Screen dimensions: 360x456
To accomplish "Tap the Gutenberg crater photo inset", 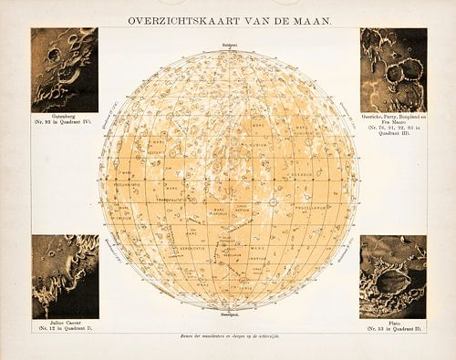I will point(64,69).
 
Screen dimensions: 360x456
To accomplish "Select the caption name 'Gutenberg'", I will point(64,118).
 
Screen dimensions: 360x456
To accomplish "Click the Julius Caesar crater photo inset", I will point(64,276).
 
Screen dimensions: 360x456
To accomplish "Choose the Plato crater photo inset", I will point(392,276).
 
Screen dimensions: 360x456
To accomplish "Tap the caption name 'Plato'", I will point(392,324).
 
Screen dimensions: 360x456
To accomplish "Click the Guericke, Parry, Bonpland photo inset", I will point(392,69).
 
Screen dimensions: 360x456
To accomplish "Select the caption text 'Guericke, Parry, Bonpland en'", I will point(392,118).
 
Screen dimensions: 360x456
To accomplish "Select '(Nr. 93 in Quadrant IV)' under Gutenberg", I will point(64,125).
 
